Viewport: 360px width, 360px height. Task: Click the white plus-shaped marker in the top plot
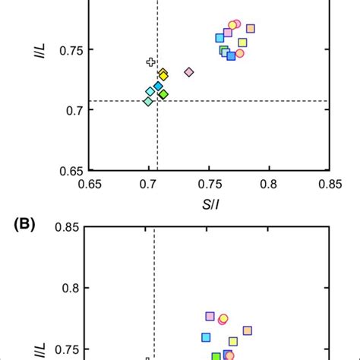coord(150,62)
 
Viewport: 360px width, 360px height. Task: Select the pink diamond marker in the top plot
coord(189,72)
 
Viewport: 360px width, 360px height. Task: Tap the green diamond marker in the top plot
coord(163,94)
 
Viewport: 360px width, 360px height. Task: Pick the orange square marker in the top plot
coord(251,29)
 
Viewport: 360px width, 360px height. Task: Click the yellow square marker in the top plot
coord(242,43)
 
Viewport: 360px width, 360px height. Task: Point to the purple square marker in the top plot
coord(228,33)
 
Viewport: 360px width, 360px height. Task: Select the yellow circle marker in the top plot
coord(232,25)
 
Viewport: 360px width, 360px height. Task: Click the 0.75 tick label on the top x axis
coord(208,183)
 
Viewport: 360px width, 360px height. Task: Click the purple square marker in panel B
coord(210,316)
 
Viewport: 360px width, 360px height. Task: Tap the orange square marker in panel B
coord(247,330)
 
